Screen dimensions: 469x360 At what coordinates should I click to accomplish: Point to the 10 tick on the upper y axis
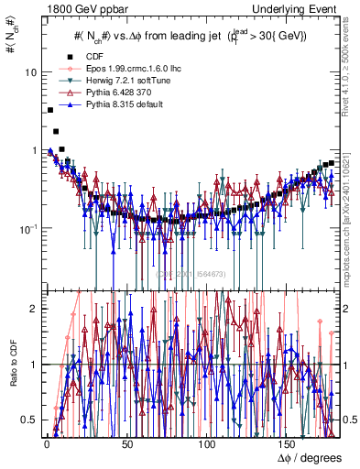pyautogui.click(x=31, y=71)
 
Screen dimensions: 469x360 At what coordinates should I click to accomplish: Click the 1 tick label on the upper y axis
pyautogui.click(x=35, y=149)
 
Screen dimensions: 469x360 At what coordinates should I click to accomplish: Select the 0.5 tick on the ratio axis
pyautogui.click(x=30, y=420)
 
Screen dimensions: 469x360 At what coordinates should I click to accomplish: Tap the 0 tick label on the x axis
pyautogui.click(x=46, y=445)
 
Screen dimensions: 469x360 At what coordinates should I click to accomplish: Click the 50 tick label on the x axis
pyautogui.click(x=127, y=445)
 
